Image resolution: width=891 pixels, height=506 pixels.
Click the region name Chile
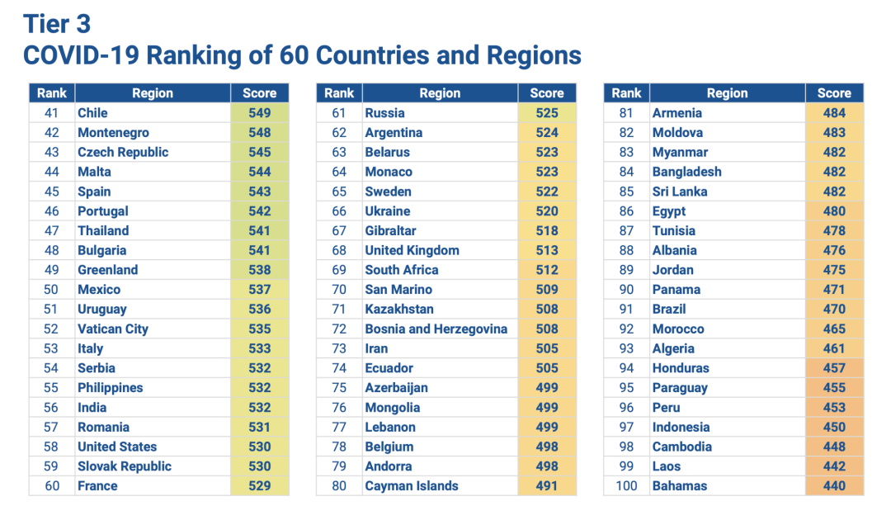coord(92,113)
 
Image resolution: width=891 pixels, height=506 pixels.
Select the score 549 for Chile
coord(259,113)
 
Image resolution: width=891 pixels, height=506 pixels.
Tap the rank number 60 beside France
coord(52,486)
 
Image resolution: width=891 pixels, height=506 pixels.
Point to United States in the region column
coord(117,447)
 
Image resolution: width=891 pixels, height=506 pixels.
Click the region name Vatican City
coord(113,329)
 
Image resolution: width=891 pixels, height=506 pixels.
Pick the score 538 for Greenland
coord(259,270)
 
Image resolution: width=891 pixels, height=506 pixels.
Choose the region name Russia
coord(384,113)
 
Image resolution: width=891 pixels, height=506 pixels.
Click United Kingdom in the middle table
coord(412,250)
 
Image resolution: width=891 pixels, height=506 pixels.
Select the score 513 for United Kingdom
coord(546,250)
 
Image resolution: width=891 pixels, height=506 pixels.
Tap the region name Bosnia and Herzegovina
coord(436,329)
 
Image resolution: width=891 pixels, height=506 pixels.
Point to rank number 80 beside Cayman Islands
coord(339,486)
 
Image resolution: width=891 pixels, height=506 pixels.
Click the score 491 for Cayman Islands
coord(546,486)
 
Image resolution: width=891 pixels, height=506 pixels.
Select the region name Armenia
coord(676,113)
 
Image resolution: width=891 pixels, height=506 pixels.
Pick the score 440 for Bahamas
coord(834,486)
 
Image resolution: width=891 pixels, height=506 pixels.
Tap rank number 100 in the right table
coord(626,486)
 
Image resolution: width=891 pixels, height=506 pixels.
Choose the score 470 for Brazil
coord(834,310)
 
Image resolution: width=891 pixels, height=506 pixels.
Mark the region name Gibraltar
coord(390,231)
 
